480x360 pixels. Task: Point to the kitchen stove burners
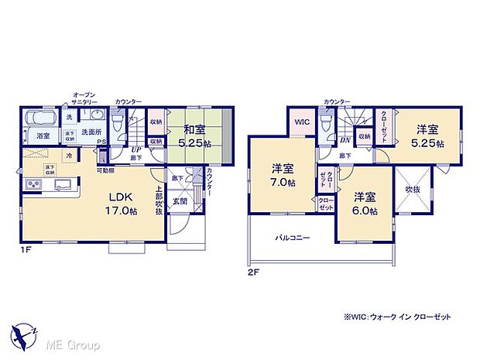tap(36, 184)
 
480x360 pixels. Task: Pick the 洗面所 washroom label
tap(93, 132)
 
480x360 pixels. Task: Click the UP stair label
tap(135, 149)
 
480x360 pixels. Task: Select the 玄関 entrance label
tap(179, 203)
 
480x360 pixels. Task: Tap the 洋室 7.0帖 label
tap(282, 175)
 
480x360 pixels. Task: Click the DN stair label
tap(345, 140)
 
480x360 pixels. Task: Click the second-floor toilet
tap(327, 124)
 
